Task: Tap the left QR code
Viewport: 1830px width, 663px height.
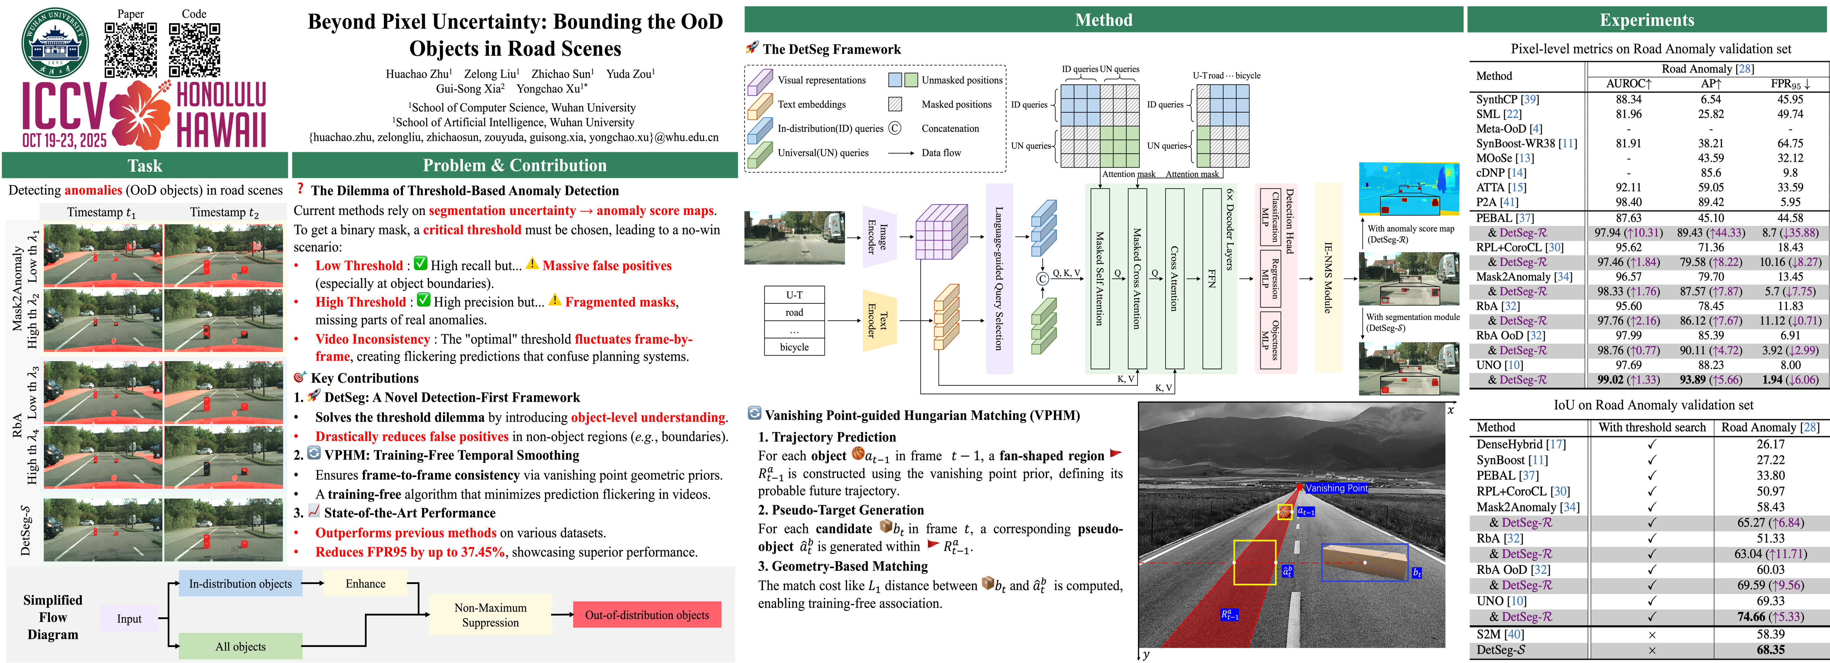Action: tap(131, 49)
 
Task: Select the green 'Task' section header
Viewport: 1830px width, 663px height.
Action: tap(145, 165)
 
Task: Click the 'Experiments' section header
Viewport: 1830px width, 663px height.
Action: tap(1647, 20)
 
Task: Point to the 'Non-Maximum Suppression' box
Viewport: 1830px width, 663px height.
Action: tap(490, 615)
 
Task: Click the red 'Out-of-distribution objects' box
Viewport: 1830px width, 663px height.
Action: tap(647, 615)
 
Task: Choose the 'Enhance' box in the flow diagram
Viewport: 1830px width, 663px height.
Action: tap(365, 583)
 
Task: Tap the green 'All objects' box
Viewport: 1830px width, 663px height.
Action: tap(240, 646)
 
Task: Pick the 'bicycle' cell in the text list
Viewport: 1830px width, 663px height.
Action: tap(794, 347)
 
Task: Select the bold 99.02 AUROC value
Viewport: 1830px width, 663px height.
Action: tap(1611, 380)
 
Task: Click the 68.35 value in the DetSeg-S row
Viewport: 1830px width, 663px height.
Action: tap(1770, 649)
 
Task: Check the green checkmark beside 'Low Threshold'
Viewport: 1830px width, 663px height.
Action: tap(421, 264)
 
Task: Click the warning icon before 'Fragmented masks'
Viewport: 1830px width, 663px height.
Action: tap(554, 300)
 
